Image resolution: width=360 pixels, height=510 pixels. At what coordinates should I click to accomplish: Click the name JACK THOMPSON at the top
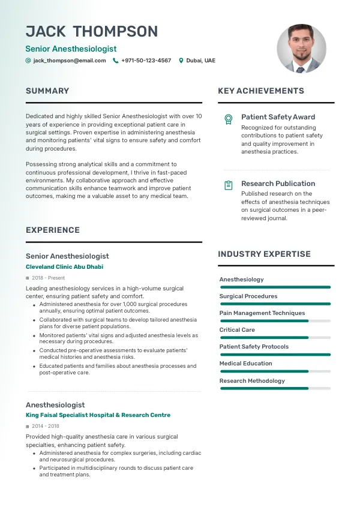pos(92,32)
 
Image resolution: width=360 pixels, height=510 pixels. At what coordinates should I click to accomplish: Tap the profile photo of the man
pos(301,49)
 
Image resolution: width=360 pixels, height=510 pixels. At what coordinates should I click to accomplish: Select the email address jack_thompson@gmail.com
pos(69,61)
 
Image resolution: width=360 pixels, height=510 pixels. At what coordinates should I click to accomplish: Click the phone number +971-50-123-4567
pos(146,61)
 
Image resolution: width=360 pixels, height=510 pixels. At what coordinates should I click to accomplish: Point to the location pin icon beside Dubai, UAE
pos(181,61)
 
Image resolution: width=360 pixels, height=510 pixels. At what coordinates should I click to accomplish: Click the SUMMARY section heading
pos(47,91)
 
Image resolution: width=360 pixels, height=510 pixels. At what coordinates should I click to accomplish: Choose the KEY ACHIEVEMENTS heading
pos(261,91)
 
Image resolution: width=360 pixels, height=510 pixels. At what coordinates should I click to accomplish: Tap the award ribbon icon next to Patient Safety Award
pos(228,119)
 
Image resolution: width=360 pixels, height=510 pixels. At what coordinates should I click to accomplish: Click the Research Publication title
pos(278,184)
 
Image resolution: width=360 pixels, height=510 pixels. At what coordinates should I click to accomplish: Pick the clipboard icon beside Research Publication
pos(228,185)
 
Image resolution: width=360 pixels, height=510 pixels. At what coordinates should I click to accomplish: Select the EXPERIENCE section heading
pos(53,230)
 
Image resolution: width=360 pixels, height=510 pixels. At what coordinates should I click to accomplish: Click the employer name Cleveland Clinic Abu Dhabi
pos(65,267)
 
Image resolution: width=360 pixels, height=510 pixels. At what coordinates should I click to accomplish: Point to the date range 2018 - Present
pos(48,278)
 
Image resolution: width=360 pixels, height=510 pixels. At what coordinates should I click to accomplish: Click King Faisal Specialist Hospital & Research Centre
pos(98,415)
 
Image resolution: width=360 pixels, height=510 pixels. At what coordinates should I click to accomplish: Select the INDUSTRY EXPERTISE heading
pos(264,254)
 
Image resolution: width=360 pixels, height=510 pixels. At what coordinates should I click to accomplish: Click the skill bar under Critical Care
pos(275,338)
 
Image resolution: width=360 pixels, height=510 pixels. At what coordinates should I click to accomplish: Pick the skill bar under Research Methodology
pos(275,388)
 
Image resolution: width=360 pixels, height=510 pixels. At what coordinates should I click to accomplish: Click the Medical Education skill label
pos(245,364)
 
